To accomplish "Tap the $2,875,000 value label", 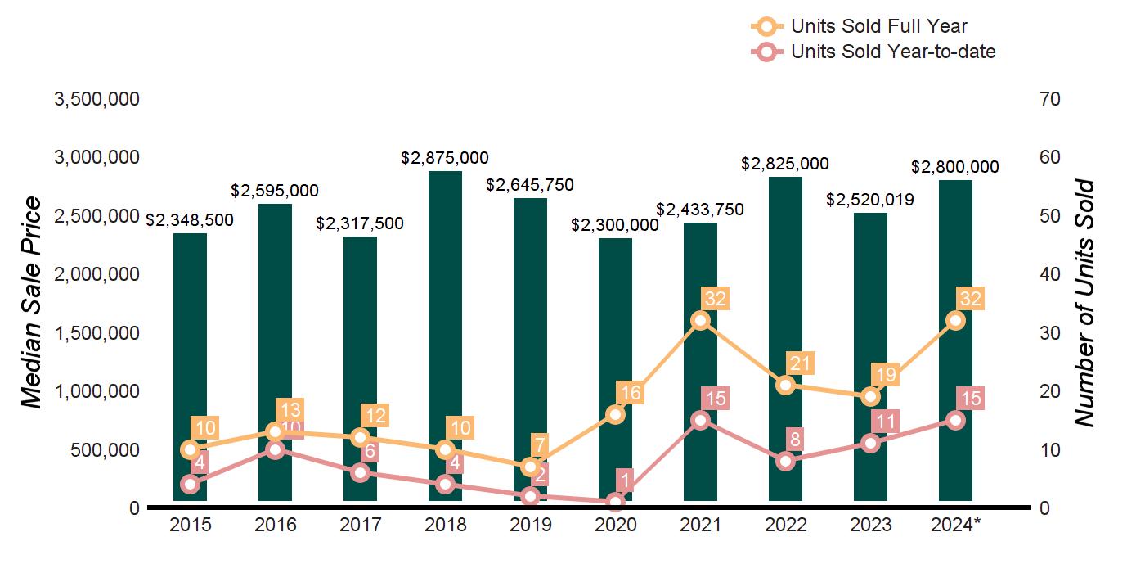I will tap(445, 158).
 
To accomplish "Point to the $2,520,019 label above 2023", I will tap(870, 200).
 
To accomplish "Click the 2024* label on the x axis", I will tap(955, 525).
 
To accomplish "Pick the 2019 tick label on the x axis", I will tap(530, 525).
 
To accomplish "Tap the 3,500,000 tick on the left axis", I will tap(97, 100).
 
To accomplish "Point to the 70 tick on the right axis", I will tap(1050, 100).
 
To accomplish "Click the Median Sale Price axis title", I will tap(31, 303).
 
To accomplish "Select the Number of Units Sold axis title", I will tap(1084, 303).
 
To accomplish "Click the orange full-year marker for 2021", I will tap(700, 320).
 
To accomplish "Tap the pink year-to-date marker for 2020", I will tap(615, 502).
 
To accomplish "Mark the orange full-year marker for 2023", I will tap(870, 396).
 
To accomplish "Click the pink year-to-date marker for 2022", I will tap(785, 461).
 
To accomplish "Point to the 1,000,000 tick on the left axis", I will tap(97, 391).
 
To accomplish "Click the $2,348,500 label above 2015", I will tap(190, 220).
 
